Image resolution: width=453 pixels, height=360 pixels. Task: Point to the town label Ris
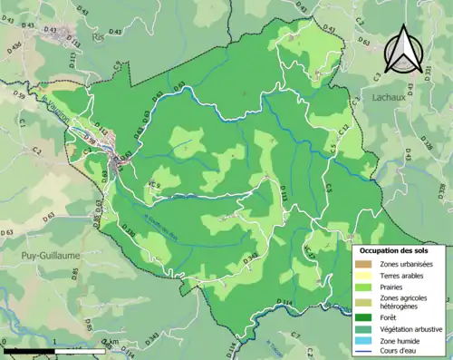tap(98, 39)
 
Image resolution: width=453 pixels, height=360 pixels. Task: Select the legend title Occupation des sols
tap(396, 249)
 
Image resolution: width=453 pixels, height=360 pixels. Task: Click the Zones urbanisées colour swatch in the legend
tap(365, 264)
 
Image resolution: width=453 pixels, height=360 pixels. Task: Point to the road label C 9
tap(118, 67)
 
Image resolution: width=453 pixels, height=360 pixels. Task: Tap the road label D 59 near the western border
tap(18, 92)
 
